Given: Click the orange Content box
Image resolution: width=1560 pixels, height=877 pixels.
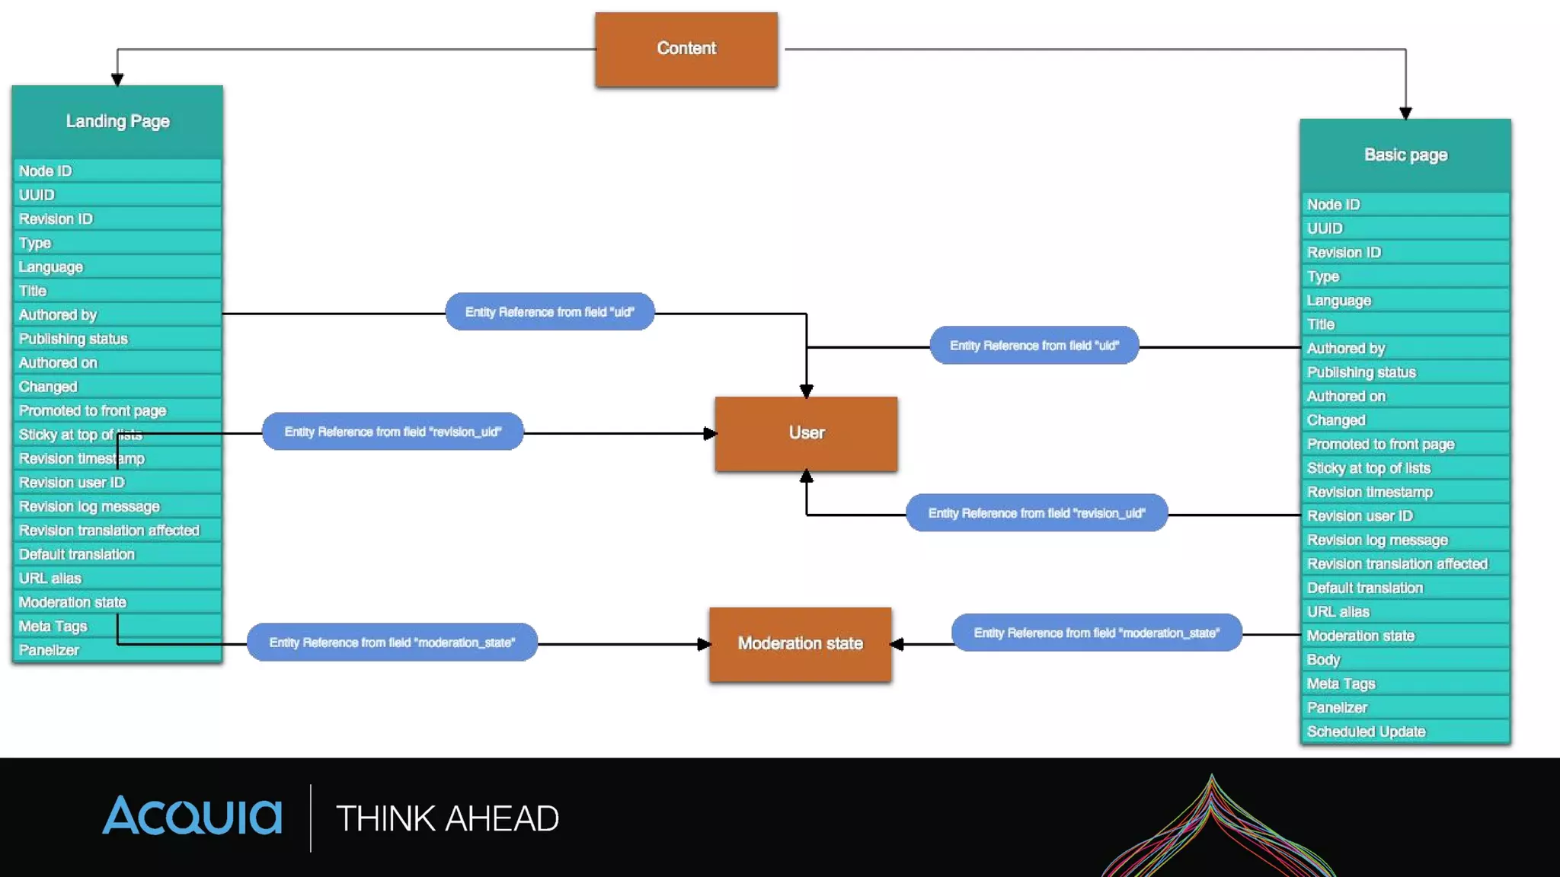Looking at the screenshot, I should tap(686, 49).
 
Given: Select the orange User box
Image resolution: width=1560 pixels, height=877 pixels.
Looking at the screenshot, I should tap(806, 433).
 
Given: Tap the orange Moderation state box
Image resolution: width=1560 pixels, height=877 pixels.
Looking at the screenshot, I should tap(800, 644).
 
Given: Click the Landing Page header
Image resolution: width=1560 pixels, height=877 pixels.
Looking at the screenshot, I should tap(117, 122).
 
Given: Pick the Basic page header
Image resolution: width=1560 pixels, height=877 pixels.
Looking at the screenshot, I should tap(1405, 155).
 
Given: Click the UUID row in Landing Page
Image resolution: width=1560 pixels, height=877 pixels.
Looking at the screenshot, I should tap(117, 195).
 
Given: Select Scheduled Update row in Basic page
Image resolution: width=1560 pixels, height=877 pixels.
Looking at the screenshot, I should tap(1405, 732).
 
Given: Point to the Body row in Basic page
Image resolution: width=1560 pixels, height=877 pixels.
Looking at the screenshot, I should tap(1405, 660).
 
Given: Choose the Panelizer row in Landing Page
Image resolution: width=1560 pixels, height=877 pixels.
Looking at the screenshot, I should tap(117, 650).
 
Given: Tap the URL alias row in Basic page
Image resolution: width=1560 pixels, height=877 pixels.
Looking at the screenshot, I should tap(1405, 612).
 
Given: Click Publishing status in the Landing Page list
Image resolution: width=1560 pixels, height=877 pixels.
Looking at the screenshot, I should tap(117, 339).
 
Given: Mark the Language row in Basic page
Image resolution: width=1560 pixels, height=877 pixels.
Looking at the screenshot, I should tap(1405, 301).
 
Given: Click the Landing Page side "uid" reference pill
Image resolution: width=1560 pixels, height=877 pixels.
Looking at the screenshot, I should tap(550, 312).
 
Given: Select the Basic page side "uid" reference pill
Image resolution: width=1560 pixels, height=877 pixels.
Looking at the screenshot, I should tap(1034, 346).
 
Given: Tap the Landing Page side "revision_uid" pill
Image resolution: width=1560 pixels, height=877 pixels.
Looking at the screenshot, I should tap(393, 432).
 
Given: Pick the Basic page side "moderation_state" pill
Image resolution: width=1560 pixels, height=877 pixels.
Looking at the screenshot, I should tap(1097, 633).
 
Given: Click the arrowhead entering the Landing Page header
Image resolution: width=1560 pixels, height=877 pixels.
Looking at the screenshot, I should tap(117, 79).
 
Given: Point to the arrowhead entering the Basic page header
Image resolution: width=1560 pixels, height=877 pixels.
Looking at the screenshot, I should tap(1405, 113).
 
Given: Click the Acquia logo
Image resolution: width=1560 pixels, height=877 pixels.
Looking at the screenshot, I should tap(192, 816).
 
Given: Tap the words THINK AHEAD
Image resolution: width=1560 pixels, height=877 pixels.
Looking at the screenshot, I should tap(448, 819).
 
